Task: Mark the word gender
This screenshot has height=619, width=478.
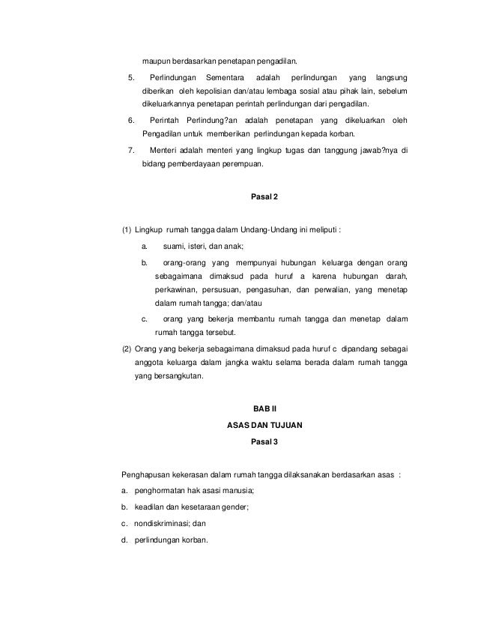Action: point(235,507)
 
